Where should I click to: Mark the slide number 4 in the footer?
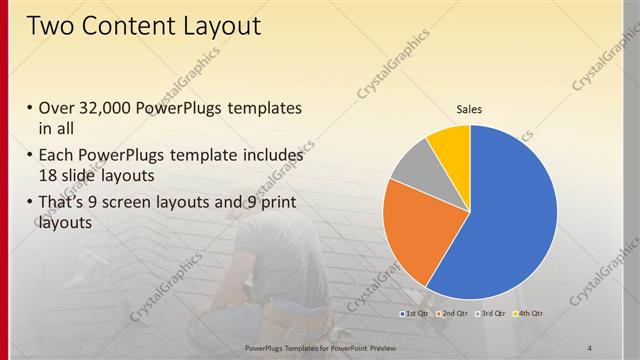pos(589,346)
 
